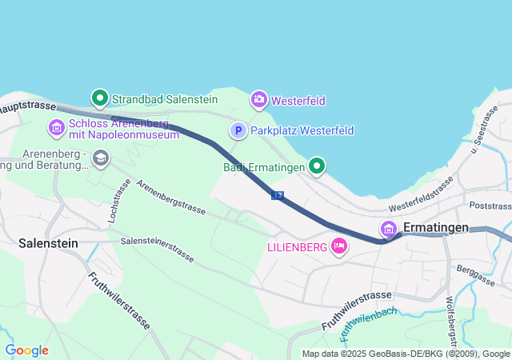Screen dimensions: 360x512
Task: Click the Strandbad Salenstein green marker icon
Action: pos(99,98)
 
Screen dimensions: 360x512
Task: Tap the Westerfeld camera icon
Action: pos(259,99)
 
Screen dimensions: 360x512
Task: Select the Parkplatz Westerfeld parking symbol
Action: pos(238,130)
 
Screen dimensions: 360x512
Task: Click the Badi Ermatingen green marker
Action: pos(318,166)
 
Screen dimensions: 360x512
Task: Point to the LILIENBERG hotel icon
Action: pos(338,246)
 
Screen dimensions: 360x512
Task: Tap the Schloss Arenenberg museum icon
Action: pos(56,127)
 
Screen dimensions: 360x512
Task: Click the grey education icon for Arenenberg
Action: pos(101,158)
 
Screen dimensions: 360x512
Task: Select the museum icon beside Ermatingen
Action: pos(389,229)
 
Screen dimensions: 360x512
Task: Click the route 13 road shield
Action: pos(277,195)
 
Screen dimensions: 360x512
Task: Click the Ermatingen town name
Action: pos(435,228)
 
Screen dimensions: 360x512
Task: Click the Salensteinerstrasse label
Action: pos(158,248)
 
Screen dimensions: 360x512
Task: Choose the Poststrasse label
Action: pos(490,206)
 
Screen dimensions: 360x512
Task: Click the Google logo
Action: pos(26,350)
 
